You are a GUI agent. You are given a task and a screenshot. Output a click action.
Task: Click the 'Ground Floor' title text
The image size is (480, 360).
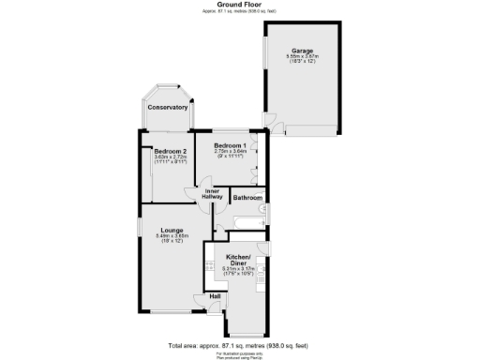[240, 5]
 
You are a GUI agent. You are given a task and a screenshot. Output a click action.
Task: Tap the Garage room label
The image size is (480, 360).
[302, 51]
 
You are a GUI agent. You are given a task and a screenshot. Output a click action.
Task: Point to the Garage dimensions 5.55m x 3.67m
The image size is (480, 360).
[302, 57]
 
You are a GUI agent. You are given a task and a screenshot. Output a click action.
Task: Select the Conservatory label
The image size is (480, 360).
[167, 107]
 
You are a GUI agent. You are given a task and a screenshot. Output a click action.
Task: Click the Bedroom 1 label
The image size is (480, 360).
[230, 145]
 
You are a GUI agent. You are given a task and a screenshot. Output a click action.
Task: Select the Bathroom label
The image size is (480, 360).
[247, 198]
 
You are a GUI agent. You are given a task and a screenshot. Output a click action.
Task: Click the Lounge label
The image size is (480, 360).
[171, 229]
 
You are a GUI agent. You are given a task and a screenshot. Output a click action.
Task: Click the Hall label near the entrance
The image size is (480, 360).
[215, 296]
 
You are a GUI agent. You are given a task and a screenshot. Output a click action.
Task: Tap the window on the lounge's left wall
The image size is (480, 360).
[139, 230]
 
